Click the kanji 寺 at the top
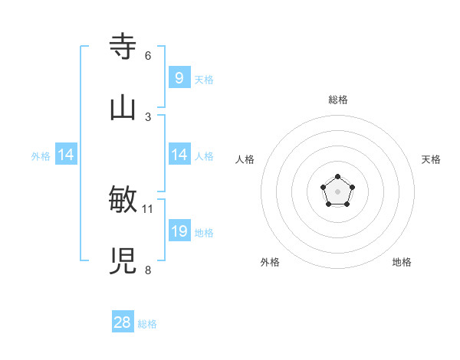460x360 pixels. [123, 47]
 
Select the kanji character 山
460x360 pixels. [123, 108]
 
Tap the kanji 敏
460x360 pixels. [123, 200]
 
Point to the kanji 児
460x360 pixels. [123, 261]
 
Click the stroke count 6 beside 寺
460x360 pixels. [148, 55]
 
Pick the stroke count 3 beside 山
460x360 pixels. [148, 116]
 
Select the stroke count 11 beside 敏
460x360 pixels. [148, 208]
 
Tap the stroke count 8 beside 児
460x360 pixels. [148, 270]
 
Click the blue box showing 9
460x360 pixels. [179, 77]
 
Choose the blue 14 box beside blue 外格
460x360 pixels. [65, 155]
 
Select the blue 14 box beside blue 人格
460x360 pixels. [179, 155]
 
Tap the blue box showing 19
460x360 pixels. [179, 231]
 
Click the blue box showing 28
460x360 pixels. [123, 322]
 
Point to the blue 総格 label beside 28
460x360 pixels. [147, 324]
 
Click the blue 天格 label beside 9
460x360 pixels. [204, 79]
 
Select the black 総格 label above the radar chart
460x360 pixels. [338, 100]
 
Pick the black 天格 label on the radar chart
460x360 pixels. [432, 159]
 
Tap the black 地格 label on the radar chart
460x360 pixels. [402, 262]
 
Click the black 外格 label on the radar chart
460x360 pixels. [270, 262]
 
